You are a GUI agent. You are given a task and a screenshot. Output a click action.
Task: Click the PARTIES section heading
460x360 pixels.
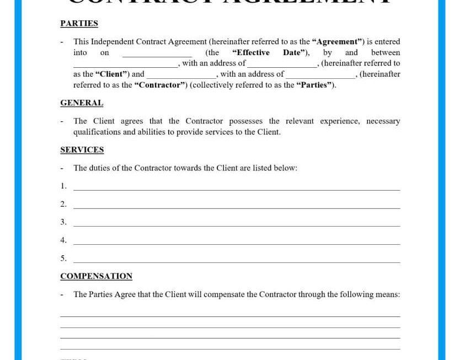pyautogui.click(x=79, y=24)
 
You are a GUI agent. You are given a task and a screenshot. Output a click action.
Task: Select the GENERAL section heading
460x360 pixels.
pyautogui.click(x=82, y=103)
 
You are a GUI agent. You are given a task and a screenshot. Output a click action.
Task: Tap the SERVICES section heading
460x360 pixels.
pyautogui.click(x=82, y=150)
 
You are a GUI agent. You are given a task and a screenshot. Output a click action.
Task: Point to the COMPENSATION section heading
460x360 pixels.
pyautogui.click(x=96, y=276)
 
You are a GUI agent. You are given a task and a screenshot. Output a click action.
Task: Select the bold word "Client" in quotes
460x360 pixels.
pyautogui.click(x=111, y=74)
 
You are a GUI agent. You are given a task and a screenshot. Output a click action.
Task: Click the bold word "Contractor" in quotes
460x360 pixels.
pyautogui.click(x=160, y=85)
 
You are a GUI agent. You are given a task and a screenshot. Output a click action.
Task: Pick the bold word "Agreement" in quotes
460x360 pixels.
pyautogui.click(x=337, y=42)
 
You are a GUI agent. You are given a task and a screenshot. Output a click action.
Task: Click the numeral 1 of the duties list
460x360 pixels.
pyautogui.click(x=63, y=186)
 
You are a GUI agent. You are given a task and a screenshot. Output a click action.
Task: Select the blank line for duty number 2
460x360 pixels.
pyautogui.click(x=237, y=207)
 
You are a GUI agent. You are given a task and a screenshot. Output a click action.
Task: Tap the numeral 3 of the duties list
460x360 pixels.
pyautogui.click(x=63, y=222)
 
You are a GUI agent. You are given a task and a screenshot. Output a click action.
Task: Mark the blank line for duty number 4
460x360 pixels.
pyautogui.click(x=237, y=243)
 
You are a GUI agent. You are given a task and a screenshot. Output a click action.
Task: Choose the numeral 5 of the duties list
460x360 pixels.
pyautogui.click(x=63, y=259)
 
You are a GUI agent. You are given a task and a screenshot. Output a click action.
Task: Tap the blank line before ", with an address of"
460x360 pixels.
pyautogui.click(x=125, y=66)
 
